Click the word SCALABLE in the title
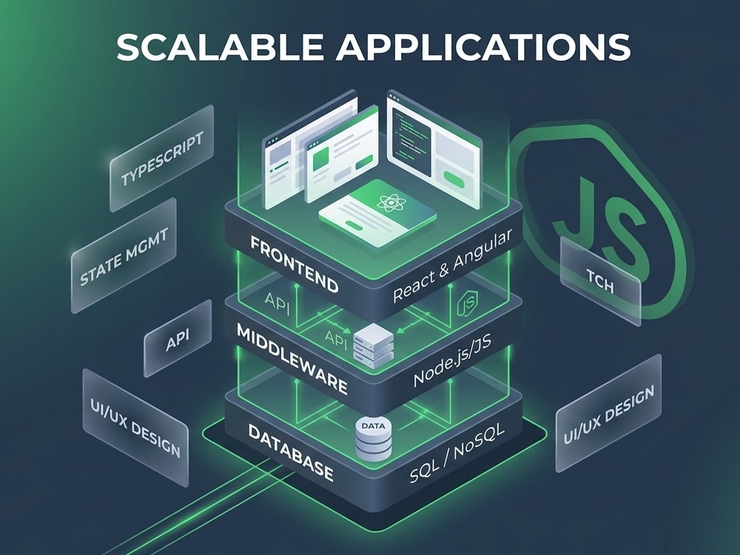tap(220, 47)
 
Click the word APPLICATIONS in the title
tap(483, 47)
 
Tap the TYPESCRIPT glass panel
tap(162, 158)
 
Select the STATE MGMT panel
tap(124, 255)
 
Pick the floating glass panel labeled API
tap(178, 338)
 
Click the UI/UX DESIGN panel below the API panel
tap(135, 427)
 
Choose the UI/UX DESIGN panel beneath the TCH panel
tap(608, 413)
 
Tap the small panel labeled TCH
tap(600, 281)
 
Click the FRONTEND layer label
tap(294, 264)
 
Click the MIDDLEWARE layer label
tap(292, 359)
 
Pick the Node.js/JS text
tap(452, 360)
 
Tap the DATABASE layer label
tap(291, 452)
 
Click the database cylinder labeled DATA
tap(373, 438)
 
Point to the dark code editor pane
tap(410, 139)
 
